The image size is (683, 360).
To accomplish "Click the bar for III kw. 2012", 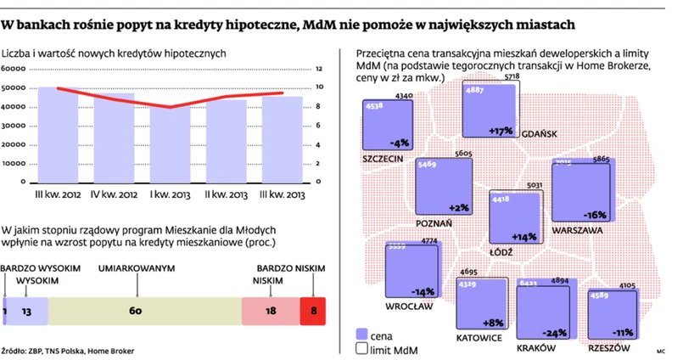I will [58, 136].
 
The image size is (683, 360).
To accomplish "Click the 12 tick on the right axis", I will [319, 69].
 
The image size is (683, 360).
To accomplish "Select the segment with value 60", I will [136, 312].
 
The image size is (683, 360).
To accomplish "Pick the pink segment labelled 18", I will [271, 312].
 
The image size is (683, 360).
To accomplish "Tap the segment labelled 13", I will [27, 312].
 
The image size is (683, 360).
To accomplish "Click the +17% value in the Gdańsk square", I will [501, 130].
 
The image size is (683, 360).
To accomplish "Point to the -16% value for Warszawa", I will [595, 214].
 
